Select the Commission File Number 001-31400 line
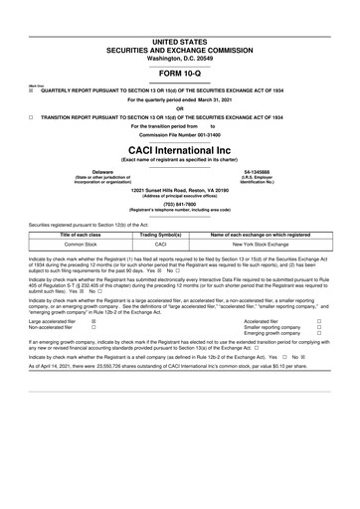click(x=179, y=134)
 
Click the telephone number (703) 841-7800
click(x=179, y=205)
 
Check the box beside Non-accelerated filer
click(x=93, y=328)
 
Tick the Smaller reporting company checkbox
click(x=318, y=328)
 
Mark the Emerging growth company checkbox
click(x=318, y=334)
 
